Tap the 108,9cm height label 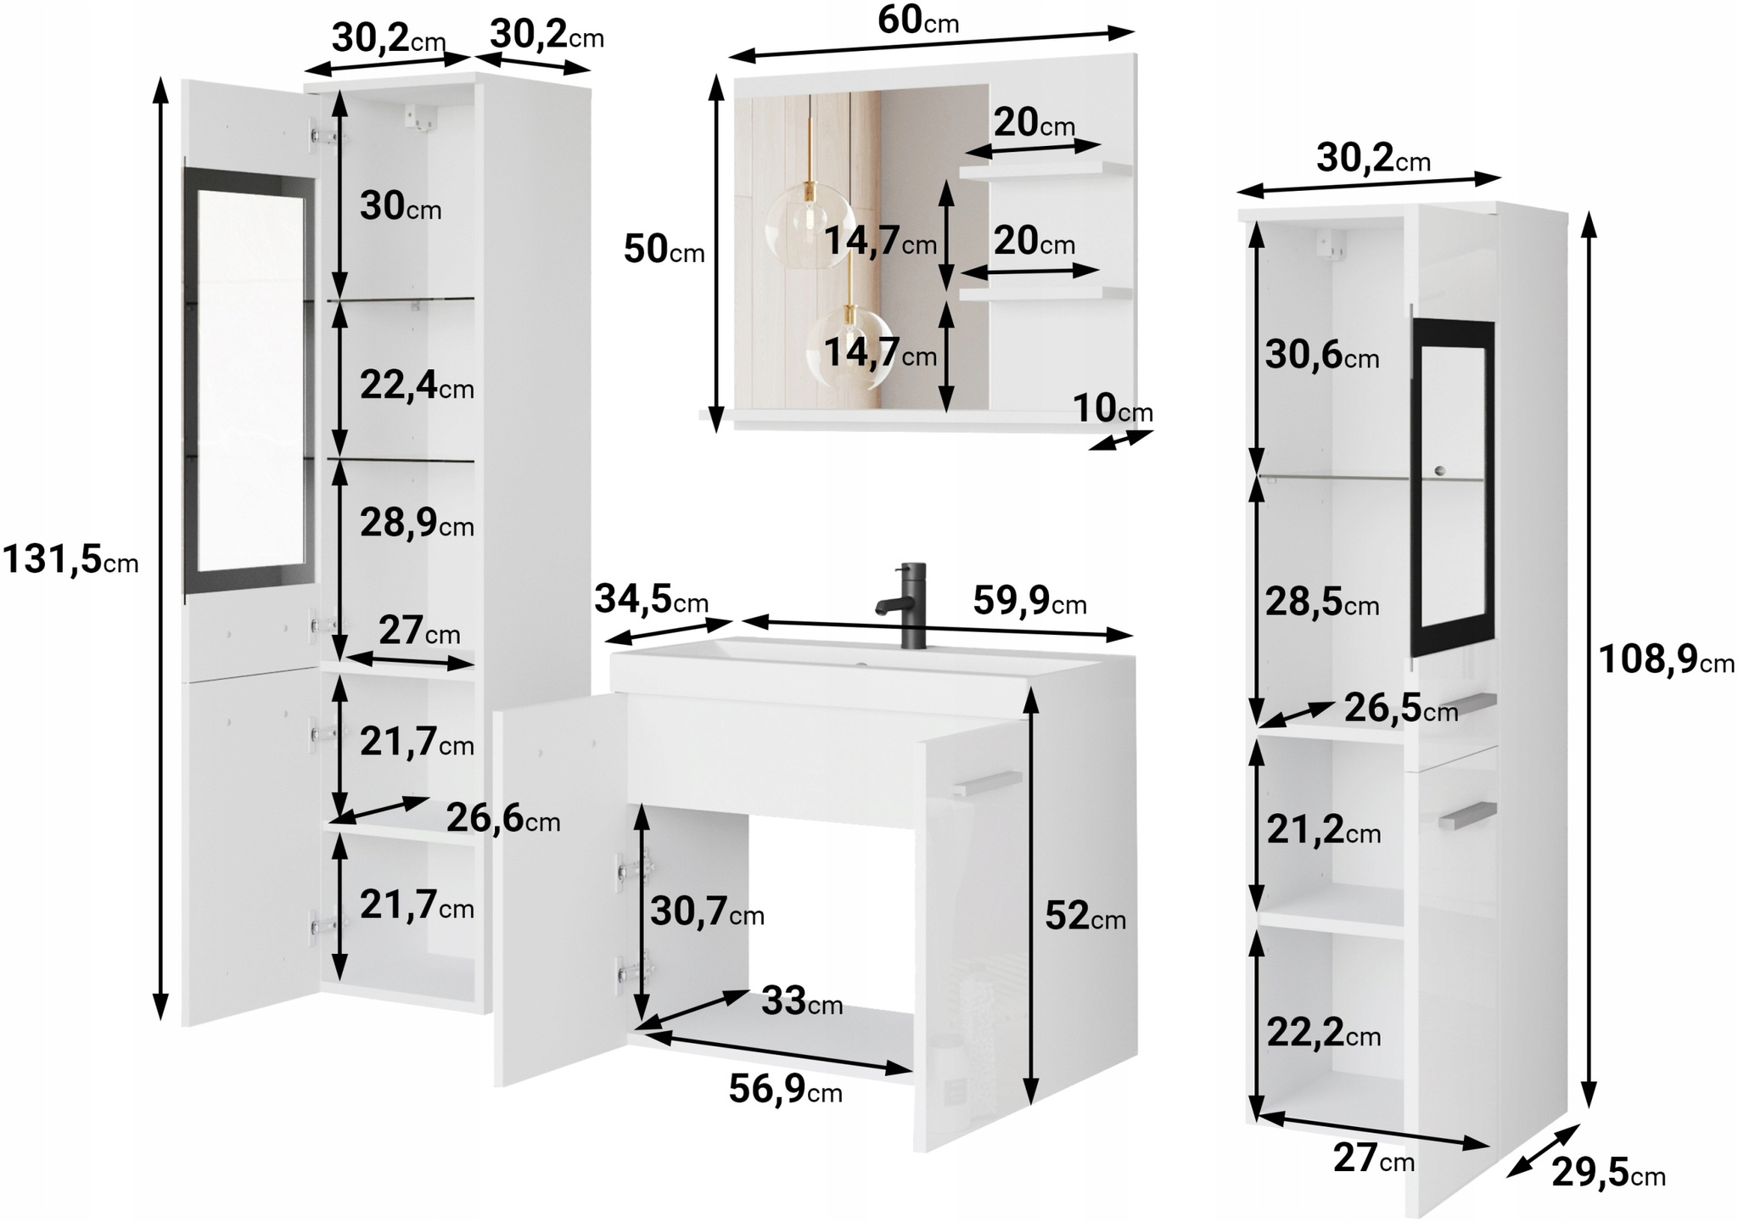(1667, 659)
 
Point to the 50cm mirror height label (664, 249)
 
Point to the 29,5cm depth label (1609, 1174)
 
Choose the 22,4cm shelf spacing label (417, 386)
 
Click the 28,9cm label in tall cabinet (417, 523)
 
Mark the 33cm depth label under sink (802, 1001)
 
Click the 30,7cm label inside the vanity (707, 912)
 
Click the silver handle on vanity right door (986, 784)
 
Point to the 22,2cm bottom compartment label (1324, 1033)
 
